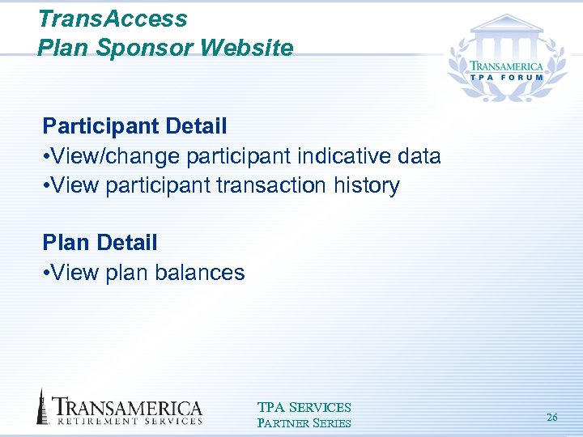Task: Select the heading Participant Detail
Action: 134,126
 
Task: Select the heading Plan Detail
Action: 100,242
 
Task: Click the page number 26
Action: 552,418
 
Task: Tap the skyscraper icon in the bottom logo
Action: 41,406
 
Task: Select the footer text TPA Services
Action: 304,408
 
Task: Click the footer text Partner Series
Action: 304,422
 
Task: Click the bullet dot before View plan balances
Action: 46,273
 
